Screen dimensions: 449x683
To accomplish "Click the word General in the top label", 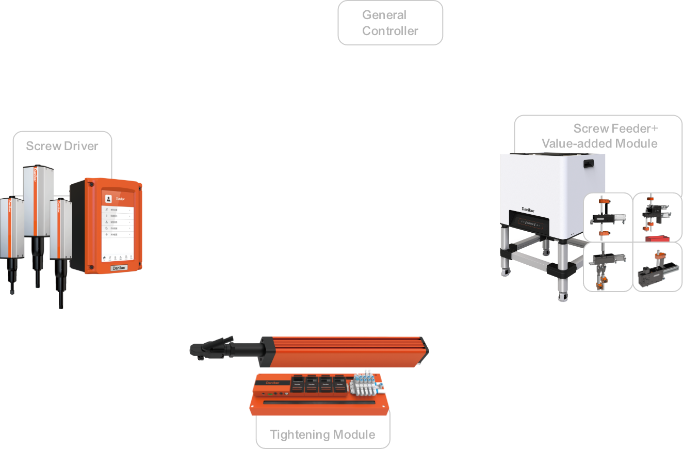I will coord(384,15).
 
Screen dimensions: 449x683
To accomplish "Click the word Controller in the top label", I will coord(390,31).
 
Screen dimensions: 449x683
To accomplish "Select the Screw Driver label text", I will coord(62,146).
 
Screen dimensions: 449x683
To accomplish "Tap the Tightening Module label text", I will coord(322,435).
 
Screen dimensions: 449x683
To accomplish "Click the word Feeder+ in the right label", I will coord(635,129).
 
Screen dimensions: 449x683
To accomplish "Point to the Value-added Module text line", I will coord(599,143).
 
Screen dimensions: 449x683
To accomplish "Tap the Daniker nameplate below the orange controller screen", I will coord(119,268).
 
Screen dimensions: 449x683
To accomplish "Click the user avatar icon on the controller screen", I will coord(108,198).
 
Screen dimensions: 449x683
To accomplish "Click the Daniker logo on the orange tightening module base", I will coord(272,383).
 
